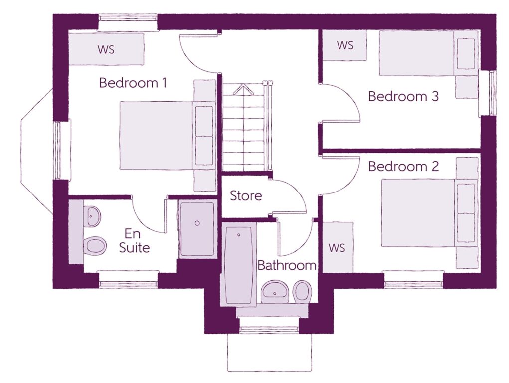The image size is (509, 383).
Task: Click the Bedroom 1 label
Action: [133, 83]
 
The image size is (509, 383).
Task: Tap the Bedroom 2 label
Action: [403, 167]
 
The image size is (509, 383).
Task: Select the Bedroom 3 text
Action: [403, 96]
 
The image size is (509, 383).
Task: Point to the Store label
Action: [246, 196]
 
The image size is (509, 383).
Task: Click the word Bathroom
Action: [287, 265]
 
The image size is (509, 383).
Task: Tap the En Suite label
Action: [134, 241]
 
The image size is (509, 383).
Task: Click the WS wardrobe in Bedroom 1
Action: [106, 49]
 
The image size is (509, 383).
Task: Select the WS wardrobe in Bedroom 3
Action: [345, 45]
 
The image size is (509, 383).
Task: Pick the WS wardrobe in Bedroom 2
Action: [338, 247]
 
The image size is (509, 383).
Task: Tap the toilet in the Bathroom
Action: [302, 292]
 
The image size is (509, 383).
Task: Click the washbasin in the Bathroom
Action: [275, 292]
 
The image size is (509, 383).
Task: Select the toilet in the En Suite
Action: [95, 246]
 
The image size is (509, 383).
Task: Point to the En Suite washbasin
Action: [92, 216]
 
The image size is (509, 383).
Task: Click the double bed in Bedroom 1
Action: [168, 136]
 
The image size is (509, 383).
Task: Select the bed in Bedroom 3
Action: [429, 53]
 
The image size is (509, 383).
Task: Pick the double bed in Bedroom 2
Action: [429, 213]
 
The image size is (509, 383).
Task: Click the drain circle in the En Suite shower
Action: [197, 223]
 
